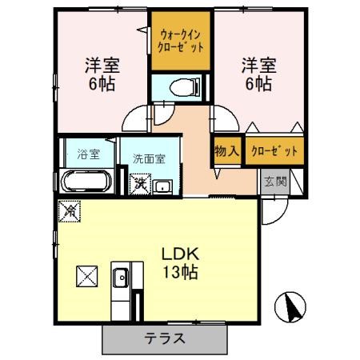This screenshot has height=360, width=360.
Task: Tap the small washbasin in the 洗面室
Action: tap(162, 186)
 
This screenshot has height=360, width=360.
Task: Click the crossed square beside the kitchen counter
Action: tap(87, 277)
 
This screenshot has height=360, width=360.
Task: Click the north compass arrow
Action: tap(290, 304)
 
